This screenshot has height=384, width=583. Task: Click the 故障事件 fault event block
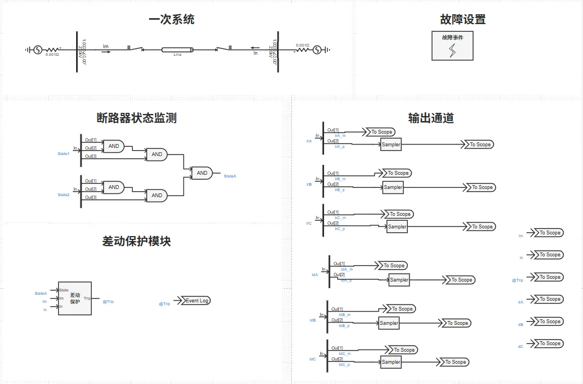coord(452,45)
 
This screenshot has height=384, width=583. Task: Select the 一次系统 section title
coord(171,20)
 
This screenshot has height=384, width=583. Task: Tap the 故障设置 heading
coord(463,20)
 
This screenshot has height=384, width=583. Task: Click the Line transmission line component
coord(177,50)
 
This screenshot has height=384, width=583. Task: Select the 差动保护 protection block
coord(75,298)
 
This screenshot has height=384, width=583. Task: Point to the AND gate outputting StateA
coord(202,173)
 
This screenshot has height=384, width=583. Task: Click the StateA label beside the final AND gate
coord(230,176)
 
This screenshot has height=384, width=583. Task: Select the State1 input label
coord(64,154)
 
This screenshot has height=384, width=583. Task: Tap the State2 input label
coord(64,195)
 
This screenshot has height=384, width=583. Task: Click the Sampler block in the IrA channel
coord(391,145)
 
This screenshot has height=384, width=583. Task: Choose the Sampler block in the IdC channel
coord(391,362)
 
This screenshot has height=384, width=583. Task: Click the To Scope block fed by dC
coord(549,343)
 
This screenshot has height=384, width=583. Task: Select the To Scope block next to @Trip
coord(549,277)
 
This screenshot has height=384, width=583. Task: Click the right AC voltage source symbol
coord(316,50)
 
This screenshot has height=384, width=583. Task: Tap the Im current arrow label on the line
coord(106,47)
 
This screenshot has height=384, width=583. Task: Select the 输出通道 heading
coord(431,118)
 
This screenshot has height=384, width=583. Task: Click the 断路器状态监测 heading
coord(136,118)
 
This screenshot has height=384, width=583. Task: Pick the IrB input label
coord(309,185)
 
